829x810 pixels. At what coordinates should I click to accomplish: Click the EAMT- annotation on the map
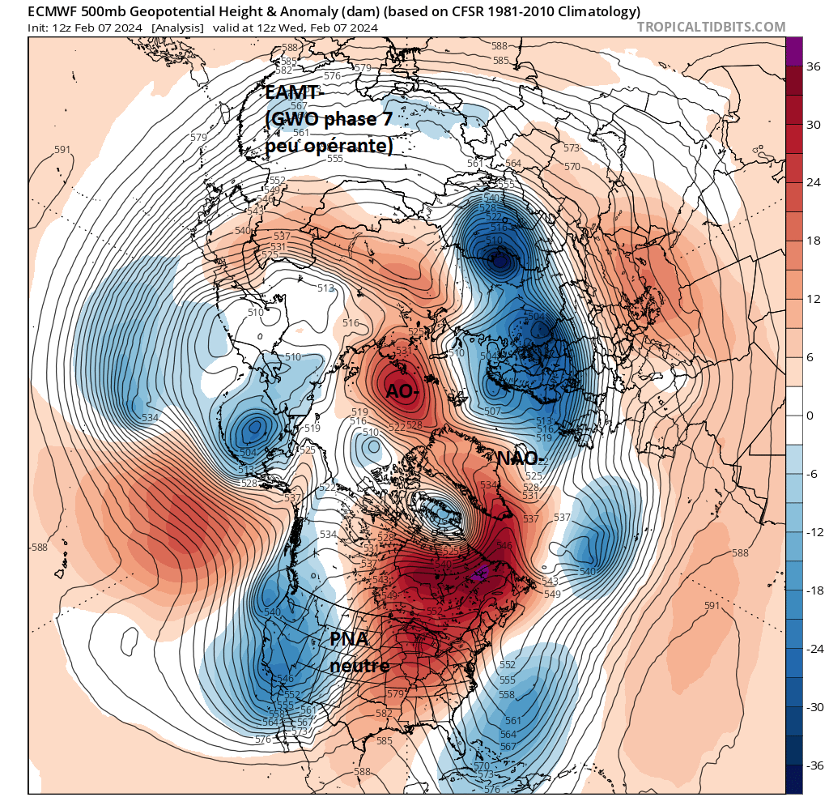pyautogui.click(x=295, y=95)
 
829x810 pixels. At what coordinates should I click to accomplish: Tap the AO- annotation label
pyautogui.click(x=402, y=391)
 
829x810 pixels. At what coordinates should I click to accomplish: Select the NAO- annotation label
pyautogui.click(x=518, y=458)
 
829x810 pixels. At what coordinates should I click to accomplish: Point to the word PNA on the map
pyautogui.click(x=349, y=639)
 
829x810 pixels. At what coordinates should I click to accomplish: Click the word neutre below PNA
pyautogui.click(x=359, y=666)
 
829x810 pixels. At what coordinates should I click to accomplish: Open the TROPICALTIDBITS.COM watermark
pyautogui.click(x=711, y=28)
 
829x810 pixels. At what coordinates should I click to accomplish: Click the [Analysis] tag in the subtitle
pyautogui.click(x=177, y=28)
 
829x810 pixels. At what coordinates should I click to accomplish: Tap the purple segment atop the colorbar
pyautogui.click(x=794, y=50)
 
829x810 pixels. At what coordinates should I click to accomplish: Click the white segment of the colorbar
pyautogui.click(x=794, y=416)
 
